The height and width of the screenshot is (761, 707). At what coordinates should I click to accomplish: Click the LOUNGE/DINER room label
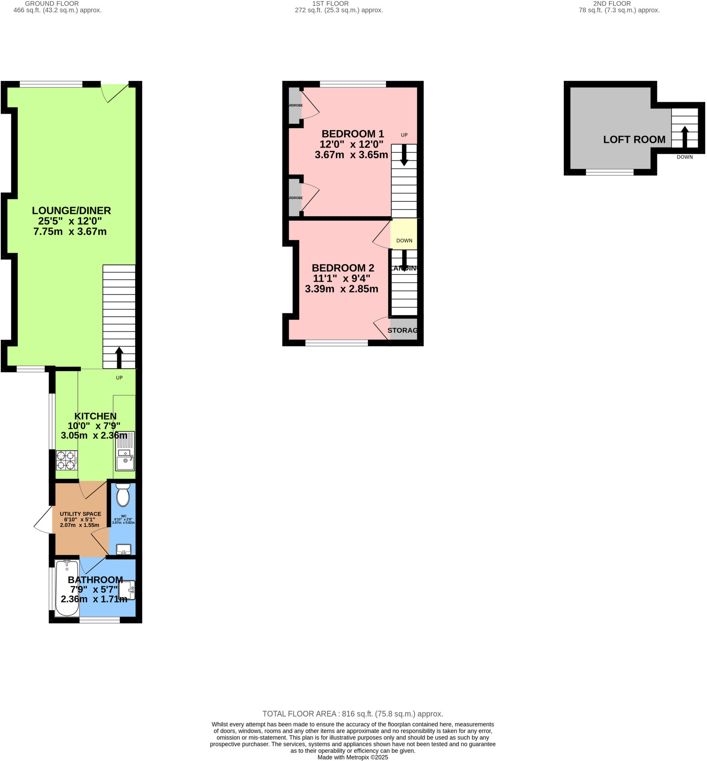(x=71, y=211)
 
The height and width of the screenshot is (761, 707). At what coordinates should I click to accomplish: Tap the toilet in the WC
(x=123, y=495)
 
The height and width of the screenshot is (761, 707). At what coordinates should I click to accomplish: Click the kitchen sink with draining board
(x=125, y=451)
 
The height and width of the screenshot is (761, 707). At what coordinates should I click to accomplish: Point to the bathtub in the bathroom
(x=67, y=587)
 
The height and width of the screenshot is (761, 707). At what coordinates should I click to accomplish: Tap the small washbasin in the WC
(x=123, y=549)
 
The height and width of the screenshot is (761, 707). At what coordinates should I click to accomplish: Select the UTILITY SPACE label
(x=80, y=514)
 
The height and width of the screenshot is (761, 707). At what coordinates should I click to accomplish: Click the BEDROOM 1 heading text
(x=352, y=134)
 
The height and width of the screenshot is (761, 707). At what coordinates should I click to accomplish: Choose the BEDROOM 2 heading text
(x=343, y=268)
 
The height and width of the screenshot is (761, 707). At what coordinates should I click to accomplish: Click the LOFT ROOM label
(x=634, y=140)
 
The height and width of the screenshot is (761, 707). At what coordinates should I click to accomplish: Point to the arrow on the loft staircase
(x=684, y=137)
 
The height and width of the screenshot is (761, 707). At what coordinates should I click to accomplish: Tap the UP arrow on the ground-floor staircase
(x=119, y=357)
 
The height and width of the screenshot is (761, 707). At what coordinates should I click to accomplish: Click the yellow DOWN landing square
(x=403, y=233)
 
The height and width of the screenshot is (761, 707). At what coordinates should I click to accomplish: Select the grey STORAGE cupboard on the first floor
(x=403, y=330)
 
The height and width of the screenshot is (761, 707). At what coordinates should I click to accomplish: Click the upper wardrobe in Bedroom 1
(x=294, y=105)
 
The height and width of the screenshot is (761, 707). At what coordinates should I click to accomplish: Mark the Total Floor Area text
(x=352, y=713)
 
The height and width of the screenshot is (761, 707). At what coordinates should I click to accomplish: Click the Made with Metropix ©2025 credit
(x=352, y=757)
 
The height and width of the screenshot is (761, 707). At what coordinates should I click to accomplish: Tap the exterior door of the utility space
(x=43, y=520)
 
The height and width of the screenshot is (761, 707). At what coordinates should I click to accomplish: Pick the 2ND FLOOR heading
(x=611, y=3)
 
